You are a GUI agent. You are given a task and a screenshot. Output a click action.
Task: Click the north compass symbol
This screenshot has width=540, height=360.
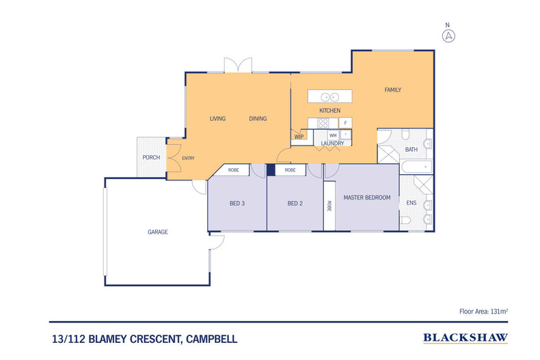(448, 36)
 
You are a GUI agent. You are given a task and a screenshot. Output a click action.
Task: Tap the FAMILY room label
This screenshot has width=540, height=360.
(392, 89)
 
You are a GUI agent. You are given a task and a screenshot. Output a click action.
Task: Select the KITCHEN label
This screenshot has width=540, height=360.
(329, 111)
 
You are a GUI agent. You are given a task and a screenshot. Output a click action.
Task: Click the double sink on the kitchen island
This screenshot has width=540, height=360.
(329, 98)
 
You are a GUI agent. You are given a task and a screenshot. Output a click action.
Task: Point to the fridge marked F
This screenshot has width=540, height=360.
(345, 123)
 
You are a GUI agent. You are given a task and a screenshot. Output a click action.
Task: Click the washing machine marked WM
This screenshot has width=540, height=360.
(333, 135)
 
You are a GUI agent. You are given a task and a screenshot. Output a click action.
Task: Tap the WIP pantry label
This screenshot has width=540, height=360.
(299, 137)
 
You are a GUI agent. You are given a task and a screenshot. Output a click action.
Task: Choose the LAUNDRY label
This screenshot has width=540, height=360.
(332, 143)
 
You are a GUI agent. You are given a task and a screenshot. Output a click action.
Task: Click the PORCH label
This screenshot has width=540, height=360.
(151, 158)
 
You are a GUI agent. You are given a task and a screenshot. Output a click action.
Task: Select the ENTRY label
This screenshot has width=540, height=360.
(188, 158)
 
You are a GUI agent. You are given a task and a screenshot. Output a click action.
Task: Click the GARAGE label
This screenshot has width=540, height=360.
(158, 232)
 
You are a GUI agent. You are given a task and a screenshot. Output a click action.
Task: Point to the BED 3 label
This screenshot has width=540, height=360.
(237, 204)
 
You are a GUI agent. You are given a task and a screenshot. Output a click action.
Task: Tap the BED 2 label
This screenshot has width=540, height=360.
(295, 204)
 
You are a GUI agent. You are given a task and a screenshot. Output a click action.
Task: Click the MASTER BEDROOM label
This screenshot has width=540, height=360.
(367, 197)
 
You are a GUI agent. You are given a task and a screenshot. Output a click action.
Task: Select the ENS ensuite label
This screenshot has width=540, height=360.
(411, 203)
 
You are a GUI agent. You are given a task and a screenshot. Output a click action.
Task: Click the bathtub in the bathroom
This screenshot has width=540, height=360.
(416, 167)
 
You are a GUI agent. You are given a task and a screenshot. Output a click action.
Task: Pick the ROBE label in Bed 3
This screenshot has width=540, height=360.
(233, 170)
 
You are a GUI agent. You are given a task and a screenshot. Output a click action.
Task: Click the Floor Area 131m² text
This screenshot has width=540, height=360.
(483, 311)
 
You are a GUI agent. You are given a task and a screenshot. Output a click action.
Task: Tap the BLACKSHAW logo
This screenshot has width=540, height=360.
(465, 338)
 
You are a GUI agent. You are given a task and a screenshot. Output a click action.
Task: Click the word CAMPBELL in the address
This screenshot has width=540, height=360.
(211, 340)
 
